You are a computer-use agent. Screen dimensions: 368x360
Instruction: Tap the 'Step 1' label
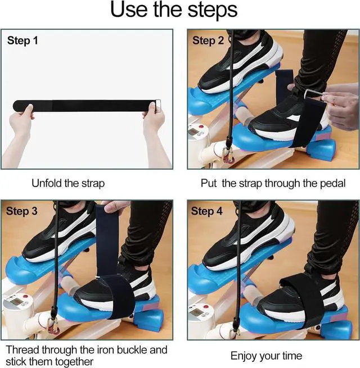tap(23, 41)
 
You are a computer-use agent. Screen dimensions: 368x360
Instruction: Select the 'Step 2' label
tap(208, 41)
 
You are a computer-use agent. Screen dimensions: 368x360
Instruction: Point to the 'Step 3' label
tap(22, 211)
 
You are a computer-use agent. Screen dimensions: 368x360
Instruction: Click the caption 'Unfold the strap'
tap(68, 183)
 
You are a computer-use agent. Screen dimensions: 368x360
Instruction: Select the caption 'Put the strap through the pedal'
tap(273, 183)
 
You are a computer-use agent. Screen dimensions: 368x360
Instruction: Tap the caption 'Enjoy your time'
tap(267, 355)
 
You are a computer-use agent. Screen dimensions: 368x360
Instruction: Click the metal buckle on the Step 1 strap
tap(159, 105)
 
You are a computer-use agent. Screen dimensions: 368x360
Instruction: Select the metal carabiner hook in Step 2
tap(228, 156)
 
